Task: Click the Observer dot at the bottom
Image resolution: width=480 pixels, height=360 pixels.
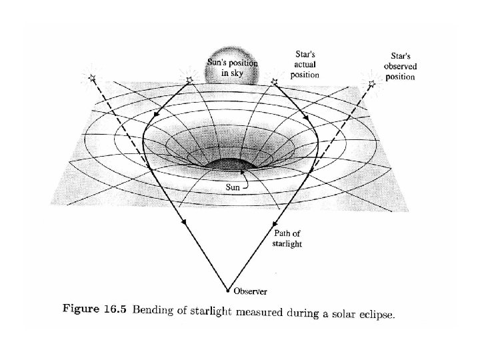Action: tap(227, 291)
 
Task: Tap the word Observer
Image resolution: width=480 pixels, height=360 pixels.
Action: tap(250, 291)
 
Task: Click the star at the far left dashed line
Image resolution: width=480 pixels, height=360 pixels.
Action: tap(92, 79)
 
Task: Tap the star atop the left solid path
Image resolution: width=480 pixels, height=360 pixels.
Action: tap(189, 80)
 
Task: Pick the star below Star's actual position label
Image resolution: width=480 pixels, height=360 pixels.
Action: tap(273, 81)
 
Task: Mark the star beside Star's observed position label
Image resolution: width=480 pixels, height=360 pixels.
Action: tap(371, 83)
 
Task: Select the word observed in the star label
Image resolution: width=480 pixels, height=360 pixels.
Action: tap(400, 67)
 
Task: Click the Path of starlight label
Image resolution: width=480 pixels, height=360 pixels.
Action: tap(289, 239)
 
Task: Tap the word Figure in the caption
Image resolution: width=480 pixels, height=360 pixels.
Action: tap(83, 309)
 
